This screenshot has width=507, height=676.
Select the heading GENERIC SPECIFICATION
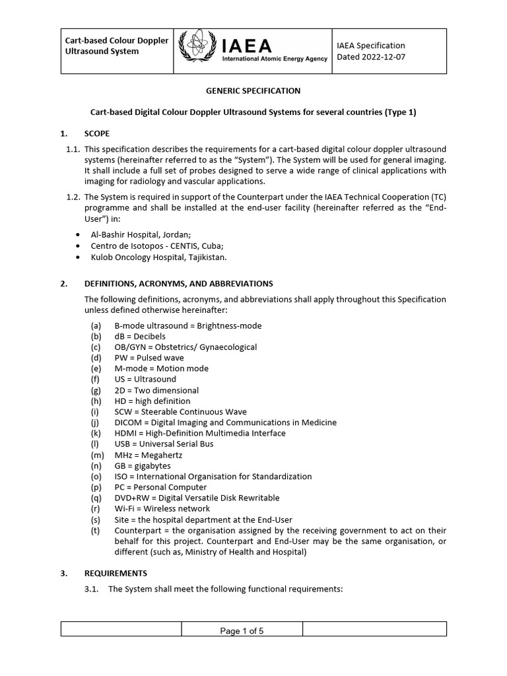[x=253, y=90]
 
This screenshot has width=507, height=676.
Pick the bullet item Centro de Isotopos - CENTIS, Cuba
[x=156, y=246]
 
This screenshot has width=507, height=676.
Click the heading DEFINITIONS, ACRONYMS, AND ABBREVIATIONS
[x=178, y=284]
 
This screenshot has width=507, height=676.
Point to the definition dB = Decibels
[x=140, y=337]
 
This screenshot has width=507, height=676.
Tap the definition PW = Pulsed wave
[x=149, y=358]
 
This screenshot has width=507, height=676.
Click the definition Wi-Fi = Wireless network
[x=162, y=509]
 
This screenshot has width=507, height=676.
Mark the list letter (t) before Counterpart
[x=96, y=531]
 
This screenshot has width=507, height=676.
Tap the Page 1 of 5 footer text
[x=242, y=631]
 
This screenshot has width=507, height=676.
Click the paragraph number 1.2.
[x=73, y=197]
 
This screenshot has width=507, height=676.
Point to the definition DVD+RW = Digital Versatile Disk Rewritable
[x=197, y=498]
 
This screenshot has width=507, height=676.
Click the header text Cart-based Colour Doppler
[x=116, y=40]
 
